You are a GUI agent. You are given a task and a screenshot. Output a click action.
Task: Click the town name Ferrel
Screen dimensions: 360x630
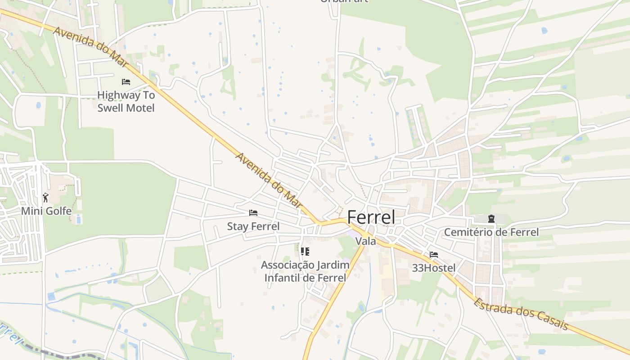pos(371,217)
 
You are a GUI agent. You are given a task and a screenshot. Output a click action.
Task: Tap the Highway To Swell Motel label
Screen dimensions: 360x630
pos(126,102)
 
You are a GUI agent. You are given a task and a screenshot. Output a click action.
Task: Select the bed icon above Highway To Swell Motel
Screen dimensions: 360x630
pos(126,82)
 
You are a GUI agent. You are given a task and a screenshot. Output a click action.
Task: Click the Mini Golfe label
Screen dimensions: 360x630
pos(46,211)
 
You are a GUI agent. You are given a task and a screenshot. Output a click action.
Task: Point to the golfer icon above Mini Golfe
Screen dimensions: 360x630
pos(45,197)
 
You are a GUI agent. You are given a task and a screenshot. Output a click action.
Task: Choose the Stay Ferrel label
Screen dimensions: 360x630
pos(253,226)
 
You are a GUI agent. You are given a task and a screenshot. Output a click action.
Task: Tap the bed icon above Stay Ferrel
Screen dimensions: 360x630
pos(253,212)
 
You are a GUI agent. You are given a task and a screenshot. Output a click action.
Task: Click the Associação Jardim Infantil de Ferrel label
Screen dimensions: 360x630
pos(305,271)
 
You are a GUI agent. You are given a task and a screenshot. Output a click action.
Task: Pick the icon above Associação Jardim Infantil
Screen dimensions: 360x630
pos(305,251)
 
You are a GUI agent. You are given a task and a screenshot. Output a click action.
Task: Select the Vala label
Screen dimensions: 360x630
pos(365,241)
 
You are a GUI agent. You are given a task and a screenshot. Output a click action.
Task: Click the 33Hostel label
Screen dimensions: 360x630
pos(434,268)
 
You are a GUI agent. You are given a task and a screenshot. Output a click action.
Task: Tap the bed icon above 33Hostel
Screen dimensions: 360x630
pos(434,255)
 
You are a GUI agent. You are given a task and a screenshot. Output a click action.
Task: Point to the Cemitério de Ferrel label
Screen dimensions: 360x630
pos(491,232)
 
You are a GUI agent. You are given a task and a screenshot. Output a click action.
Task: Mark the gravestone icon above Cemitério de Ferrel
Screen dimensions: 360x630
pos(491,219)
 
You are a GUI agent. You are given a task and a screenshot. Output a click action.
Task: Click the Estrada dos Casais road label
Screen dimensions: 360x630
pos(521,314)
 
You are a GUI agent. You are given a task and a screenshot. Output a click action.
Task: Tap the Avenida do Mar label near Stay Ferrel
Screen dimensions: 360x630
pos(268,180)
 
